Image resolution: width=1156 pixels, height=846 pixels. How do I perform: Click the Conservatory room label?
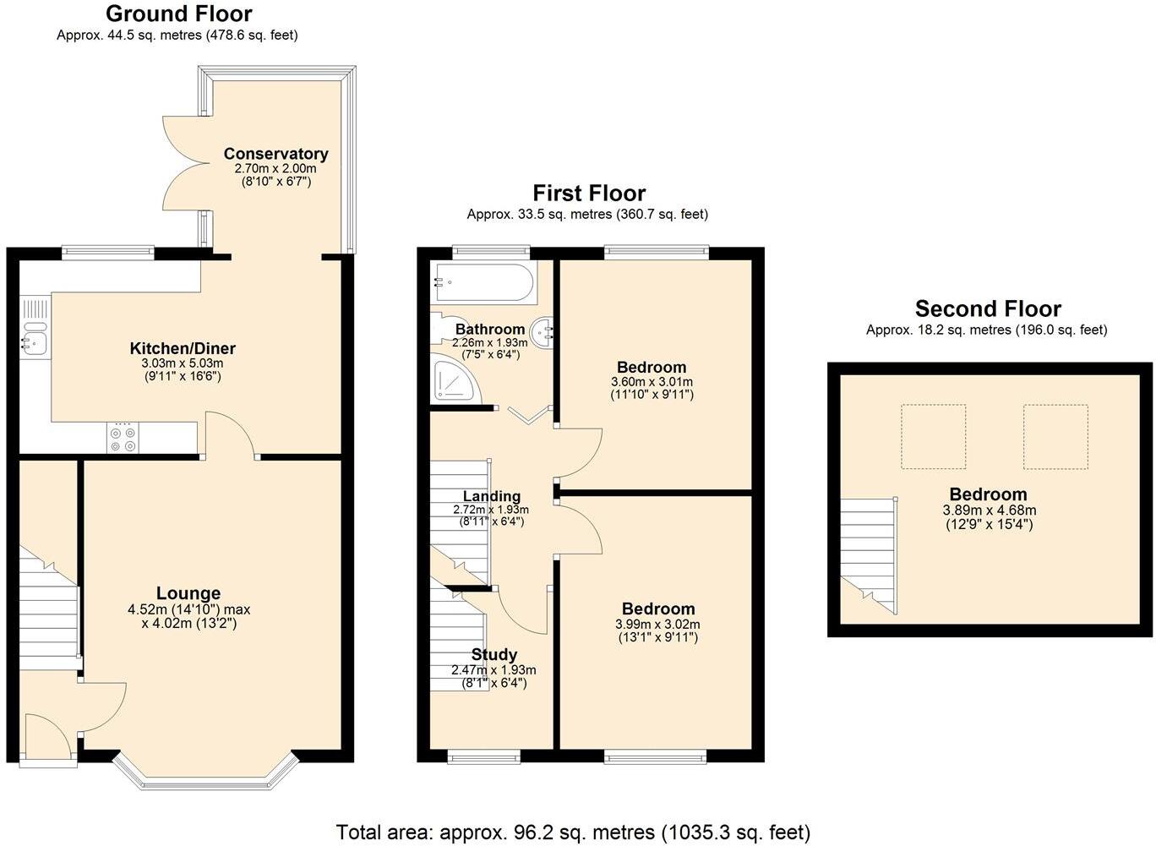tap(275, 154)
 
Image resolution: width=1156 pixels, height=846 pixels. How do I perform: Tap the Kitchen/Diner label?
tap(183, 348)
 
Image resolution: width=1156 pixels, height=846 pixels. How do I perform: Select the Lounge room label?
tap(188, 593)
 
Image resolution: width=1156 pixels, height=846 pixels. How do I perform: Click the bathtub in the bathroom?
tap(483, 282)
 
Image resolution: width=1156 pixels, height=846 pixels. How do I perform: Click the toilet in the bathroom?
tap(441, 327)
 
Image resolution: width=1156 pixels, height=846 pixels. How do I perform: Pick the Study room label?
tap(494, 654)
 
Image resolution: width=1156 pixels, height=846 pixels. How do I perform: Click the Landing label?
tap(492, 496)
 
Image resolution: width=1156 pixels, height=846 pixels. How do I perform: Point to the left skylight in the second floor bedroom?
tap(933, 436)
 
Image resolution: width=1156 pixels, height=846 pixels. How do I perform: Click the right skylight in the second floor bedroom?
tap(1055, 436)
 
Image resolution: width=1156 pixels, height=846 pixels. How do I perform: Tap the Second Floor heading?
tap(988, 308)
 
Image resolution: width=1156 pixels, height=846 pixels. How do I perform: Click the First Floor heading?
tap(589, 193)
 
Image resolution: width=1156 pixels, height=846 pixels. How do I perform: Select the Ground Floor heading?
tap(178, 14)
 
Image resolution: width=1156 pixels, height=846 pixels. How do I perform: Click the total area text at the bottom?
tap(573, 832)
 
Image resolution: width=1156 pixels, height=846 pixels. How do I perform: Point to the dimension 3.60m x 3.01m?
tap(652, 382)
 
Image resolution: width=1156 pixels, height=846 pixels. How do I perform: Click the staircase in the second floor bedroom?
tap(868, 554)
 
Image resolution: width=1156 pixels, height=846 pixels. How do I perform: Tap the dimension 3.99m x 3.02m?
tap(657, 625)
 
